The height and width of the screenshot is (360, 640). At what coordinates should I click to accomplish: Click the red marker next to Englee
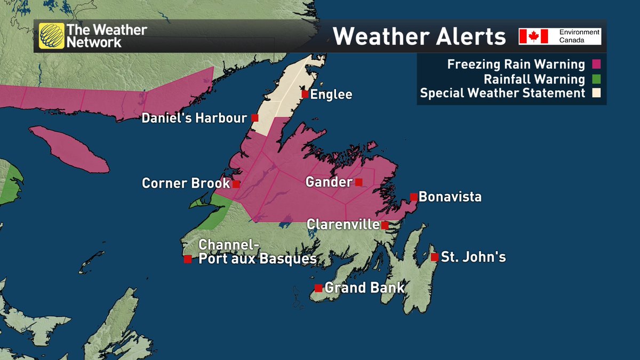pos(305,94)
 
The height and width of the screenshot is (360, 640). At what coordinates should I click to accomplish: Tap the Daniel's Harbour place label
pos(194,118)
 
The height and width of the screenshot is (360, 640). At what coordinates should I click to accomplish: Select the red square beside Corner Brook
pos(236,184)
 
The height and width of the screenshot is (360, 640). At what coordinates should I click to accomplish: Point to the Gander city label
pos(329,182)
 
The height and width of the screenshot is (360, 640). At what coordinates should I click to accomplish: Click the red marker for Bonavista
pos(413,197)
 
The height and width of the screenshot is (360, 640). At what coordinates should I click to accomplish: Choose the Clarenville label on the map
pos(343,225)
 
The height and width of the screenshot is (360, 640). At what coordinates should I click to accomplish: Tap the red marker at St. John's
pos(434,257)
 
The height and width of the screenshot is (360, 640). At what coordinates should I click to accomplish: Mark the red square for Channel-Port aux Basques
pos(188,259)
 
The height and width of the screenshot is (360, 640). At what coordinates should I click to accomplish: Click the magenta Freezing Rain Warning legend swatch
pos(596,65)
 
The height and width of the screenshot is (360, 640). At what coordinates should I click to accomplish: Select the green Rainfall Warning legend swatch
pos(596,79)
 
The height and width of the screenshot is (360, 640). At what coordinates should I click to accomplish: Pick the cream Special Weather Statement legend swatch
pos(596,93)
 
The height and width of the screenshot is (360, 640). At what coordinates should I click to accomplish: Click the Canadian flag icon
pos(534,36)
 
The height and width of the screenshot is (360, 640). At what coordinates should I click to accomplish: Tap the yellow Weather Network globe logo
pos(51,36)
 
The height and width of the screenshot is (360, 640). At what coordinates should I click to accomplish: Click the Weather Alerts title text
pos(419,37)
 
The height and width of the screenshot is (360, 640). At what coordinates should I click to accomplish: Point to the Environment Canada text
pos(579,36)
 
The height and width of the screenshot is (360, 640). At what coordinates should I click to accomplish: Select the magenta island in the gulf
pos(69,149)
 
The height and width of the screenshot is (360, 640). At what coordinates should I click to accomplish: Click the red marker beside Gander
pos(359,182)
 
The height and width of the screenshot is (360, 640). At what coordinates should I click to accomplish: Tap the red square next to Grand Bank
pos(318,288)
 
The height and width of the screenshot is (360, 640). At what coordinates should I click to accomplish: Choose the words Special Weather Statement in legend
pos(502,93)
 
